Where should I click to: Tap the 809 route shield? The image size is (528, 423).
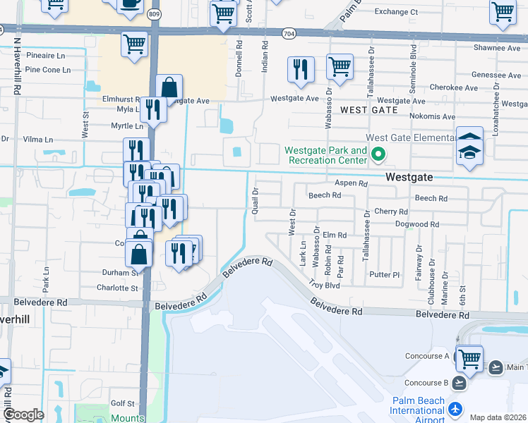[x=155, y=13]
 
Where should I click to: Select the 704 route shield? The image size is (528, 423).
[x=288, y=33]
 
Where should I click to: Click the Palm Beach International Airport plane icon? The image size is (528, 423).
[x=455, y=409]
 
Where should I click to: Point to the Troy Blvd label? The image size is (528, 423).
[x=325, y=286]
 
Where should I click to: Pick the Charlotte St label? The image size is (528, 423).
[x=117, y=288]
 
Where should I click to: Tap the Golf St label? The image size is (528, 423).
[x=122, y=403]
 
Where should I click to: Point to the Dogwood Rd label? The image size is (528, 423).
[x=416, y=225]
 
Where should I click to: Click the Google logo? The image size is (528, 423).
[x=23, y=415]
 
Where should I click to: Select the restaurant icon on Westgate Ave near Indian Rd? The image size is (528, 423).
[x=301, y=70]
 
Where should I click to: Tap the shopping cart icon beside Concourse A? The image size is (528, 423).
[x=469, y=358]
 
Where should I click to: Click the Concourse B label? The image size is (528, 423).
[x=426, y=383]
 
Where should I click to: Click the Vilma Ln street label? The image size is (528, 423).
[x=39, y=140]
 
